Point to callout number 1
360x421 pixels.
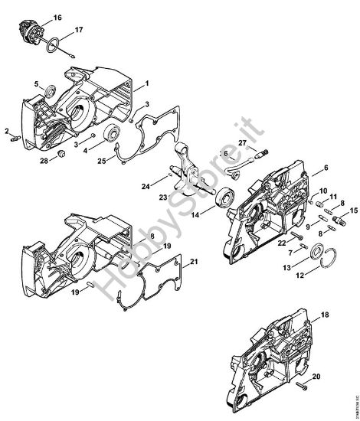pyautogui.click(x=146, y=82)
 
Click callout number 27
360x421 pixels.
pyautogui.click(x=241, y=142)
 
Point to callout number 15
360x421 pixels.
pyautogui.click(x=353, y=210)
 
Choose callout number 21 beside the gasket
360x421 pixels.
pyautogui.click(x=194, y=263)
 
